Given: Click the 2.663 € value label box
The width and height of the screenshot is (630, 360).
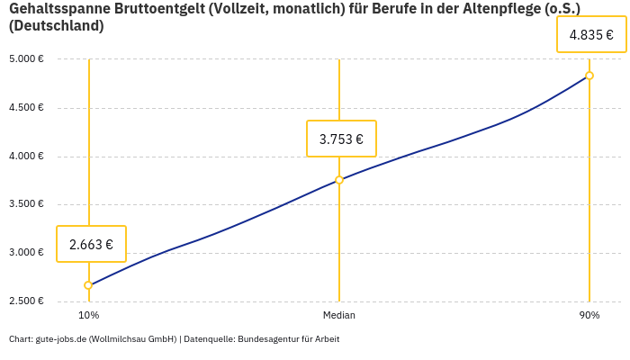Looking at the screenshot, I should coord(91,244).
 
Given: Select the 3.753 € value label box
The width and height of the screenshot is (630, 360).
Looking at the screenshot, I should coord(341,139).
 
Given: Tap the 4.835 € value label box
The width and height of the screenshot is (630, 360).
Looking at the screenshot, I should coord(591,35).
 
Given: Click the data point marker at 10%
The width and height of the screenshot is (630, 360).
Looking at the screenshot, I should coord(88,285).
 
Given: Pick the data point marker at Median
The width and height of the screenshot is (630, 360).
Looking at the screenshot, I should coord(339,180).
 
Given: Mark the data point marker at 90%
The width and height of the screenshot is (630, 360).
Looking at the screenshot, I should coord(589,76).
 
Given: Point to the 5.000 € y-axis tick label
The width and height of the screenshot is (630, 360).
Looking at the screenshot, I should coord(27,59).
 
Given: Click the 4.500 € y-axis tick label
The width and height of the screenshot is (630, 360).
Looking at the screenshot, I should coord(27,108).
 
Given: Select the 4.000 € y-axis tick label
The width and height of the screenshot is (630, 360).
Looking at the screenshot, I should coord(27,156).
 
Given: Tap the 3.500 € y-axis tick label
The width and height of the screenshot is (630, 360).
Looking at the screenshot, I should coord(27,204).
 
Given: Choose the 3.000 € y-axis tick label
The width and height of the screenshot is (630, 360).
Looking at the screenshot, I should coord(27,253).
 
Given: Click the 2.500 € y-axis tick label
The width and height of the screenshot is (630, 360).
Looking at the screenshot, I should coord(27,301).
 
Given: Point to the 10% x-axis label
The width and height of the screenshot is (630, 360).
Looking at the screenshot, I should coord(88,315).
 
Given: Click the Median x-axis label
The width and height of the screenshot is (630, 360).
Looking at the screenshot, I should coord(339,315).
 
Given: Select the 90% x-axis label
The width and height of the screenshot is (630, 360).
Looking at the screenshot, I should coord(589,315).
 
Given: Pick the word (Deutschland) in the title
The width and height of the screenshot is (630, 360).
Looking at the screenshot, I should coord(56,26).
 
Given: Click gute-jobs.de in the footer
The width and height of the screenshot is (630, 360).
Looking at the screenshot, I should coord(60,339).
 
